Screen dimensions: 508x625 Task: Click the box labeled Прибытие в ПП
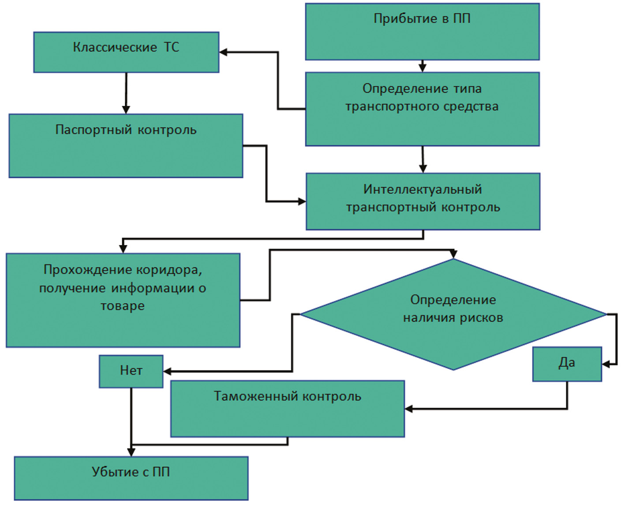point(422,32)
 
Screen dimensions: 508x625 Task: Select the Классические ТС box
point(126,52)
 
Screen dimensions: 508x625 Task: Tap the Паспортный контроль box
point(126,146)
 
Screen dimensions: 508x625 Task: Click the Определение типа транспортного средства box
point(422,109)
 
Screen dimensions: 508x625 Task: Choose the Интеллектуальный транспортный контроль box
point(423,201)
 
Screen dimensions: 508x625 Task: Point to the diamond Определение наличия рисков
point(453,314)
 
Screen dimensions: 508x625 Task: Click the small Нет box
point(131,371)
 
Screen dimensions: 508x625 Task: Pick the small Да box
point(567,364)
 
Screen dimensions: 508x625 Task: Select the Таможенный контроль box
point(287,409)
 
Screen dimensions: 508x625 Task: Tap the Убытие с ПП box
point(131,478)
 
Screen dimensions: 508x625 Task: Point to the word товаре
point(123,306)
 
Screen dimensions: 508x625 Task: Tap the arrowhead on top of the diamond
point(453,255)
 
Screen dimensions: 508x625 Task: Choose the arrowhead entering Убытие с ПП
point(131,452)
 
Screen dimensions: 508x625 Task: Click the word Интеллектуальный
point(422,189)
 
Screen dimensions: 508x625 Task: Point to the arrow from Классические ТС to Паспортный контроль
point(126,93)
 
